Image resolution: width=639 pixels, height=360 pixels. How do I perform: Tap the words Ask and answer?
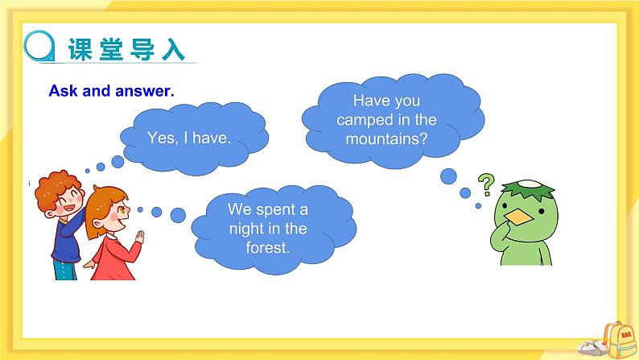[x=111, y=91]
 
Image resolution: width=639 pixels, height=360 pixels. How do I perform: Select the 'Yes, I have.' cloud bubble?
[x=190, y=137]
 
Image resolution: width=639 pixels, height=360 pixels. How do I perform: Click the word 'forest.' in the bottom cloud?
[x=267, y=246]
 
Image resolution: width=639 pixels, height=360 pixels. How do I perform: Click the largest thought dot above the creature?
[x=448, y=176]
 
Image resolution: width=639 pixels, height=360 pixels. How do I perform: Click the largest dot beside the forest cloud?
[x=178, y=214]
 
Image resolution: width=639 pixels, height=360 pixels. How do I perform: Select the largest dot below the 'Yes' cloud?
[x=118, y=162]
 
